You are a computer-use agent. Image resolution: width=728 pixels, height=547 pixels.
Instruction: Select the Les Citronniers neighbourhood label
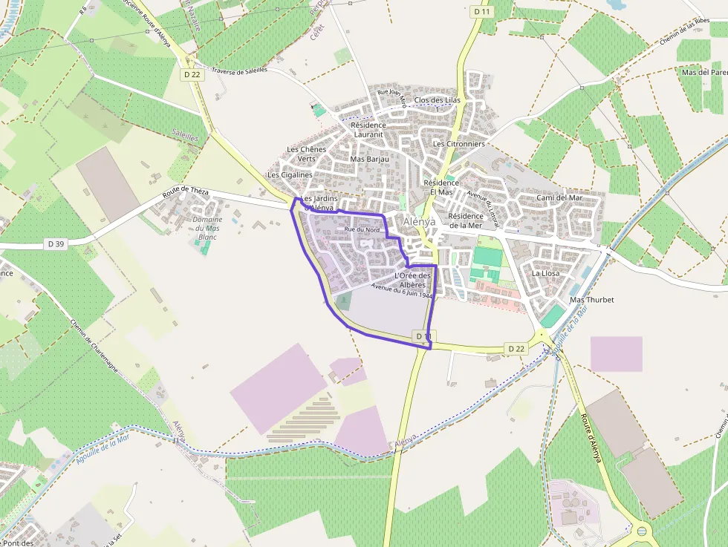point(458,144)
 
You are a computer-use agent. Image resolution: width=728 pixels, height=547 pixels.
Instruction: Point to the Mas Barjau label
point(369,159)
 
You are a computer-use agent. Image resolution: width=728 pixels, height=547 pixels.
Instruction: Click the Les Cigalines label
point(290,175)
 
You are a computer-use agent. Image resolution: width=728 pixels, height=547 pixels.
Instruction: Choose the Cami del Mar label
point(559,198)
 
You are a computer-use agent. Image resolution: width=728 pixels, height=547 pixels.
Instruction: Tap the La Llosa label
point(545,273)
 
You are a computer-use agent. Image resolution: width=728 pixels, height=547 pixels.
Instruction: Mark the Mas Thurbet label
point(587,300)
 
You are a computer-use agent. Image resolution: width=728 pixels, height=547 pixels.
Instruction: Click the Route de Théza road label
point(185,195)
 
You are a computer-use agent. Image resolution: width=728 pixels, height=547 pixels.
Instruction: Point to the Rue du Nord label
point(362,230)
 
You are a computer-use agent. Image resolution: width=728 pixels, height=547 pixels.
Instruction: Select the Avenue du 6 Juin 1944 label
point(402,291)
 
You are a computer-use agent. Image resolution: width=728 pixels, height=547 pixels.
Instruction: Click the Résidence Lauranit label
point(368,130)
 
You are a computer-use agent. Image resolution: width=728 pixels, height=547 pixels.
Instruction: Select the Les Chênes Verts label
point(306,154)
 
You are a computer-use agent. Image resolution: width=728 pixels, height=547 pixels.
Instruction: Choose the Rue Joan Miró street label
point(392,98)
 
